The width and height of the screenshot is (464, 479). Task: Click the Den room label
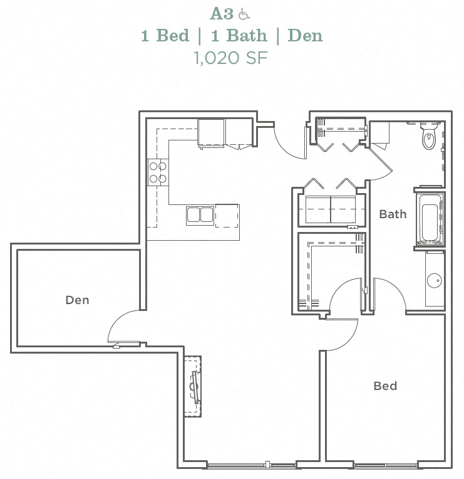[x=78, y=300]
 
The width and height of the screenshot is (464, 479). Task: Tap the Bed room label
[x=385, y=386]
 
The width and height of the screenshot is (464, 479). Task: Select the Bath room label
[x=393, y=214]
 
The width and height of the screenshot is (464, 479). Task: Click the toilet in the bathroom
[x=429, y=138]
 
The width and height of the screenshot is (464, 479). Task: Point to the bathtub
[x=430, y=219]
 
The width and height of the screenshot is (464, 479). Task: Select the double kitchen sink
[x=200, y=215]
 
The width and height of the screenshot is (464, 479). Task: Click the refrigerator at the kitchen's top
[x=211, y=133]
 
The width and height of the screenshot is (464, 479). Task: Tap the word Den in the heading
[x=305, y=35]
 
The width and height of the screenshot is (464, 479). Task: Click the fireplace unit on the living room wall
[x=193, y=386]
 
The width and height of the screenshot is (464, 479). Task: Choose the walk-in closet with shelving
[x=332, y=273]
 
